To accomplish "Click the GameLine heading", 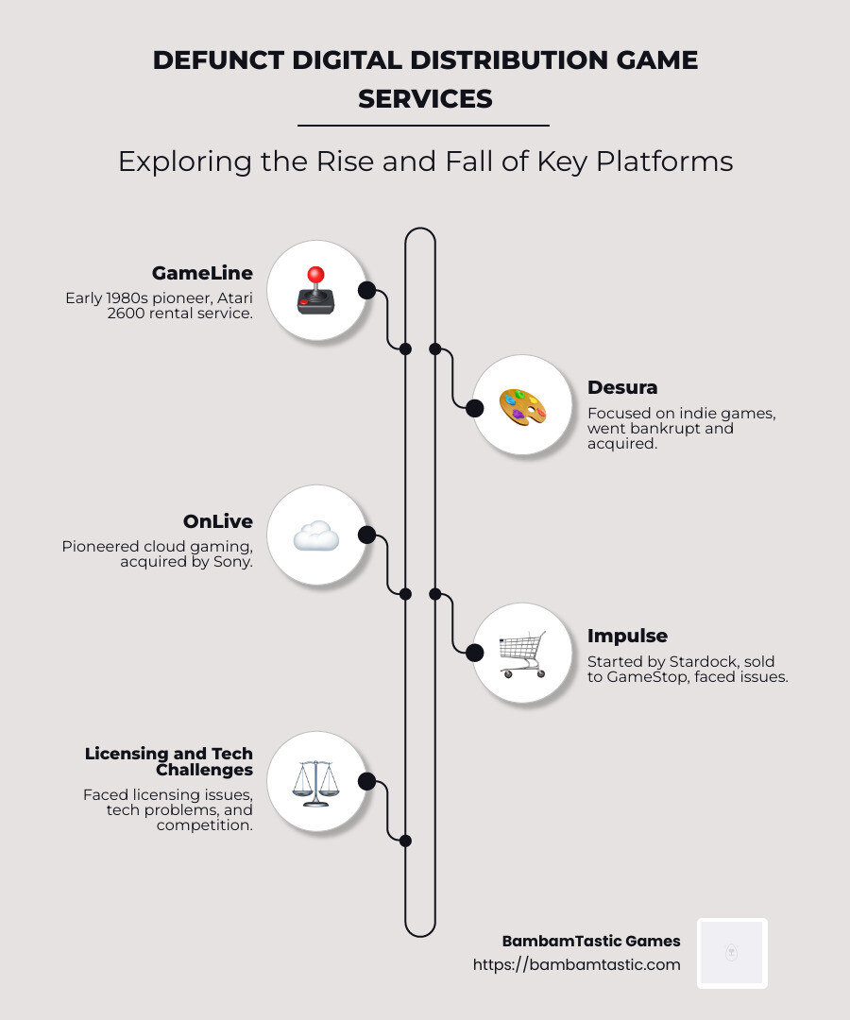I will [202, 273].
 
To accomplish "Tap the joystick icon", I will [315, 290].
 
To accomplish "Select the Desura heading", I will [622, 387].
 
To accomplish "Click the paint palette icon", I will [522, 406].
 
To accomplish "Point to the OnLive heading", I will [218, 521].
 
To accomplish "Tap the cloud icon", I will [315, 535].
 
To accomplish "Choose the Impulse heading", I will [627, 636].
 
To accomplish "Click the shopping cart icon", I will [522, 654].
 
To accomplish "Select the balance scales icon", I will [315, 782].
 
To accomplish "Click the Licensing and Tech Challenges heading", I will [169, 761].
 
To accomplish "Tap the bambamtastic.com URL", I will [576, 964].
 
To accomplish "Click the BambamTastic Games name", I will [591, 941].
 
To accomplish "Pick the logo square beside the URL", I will [732, 953].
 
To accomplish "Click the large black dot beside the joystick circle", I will [366, 290].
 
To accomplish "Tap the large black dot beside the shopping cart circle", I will [474, 652].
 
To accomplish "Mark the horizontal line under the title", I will [423, 125].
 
